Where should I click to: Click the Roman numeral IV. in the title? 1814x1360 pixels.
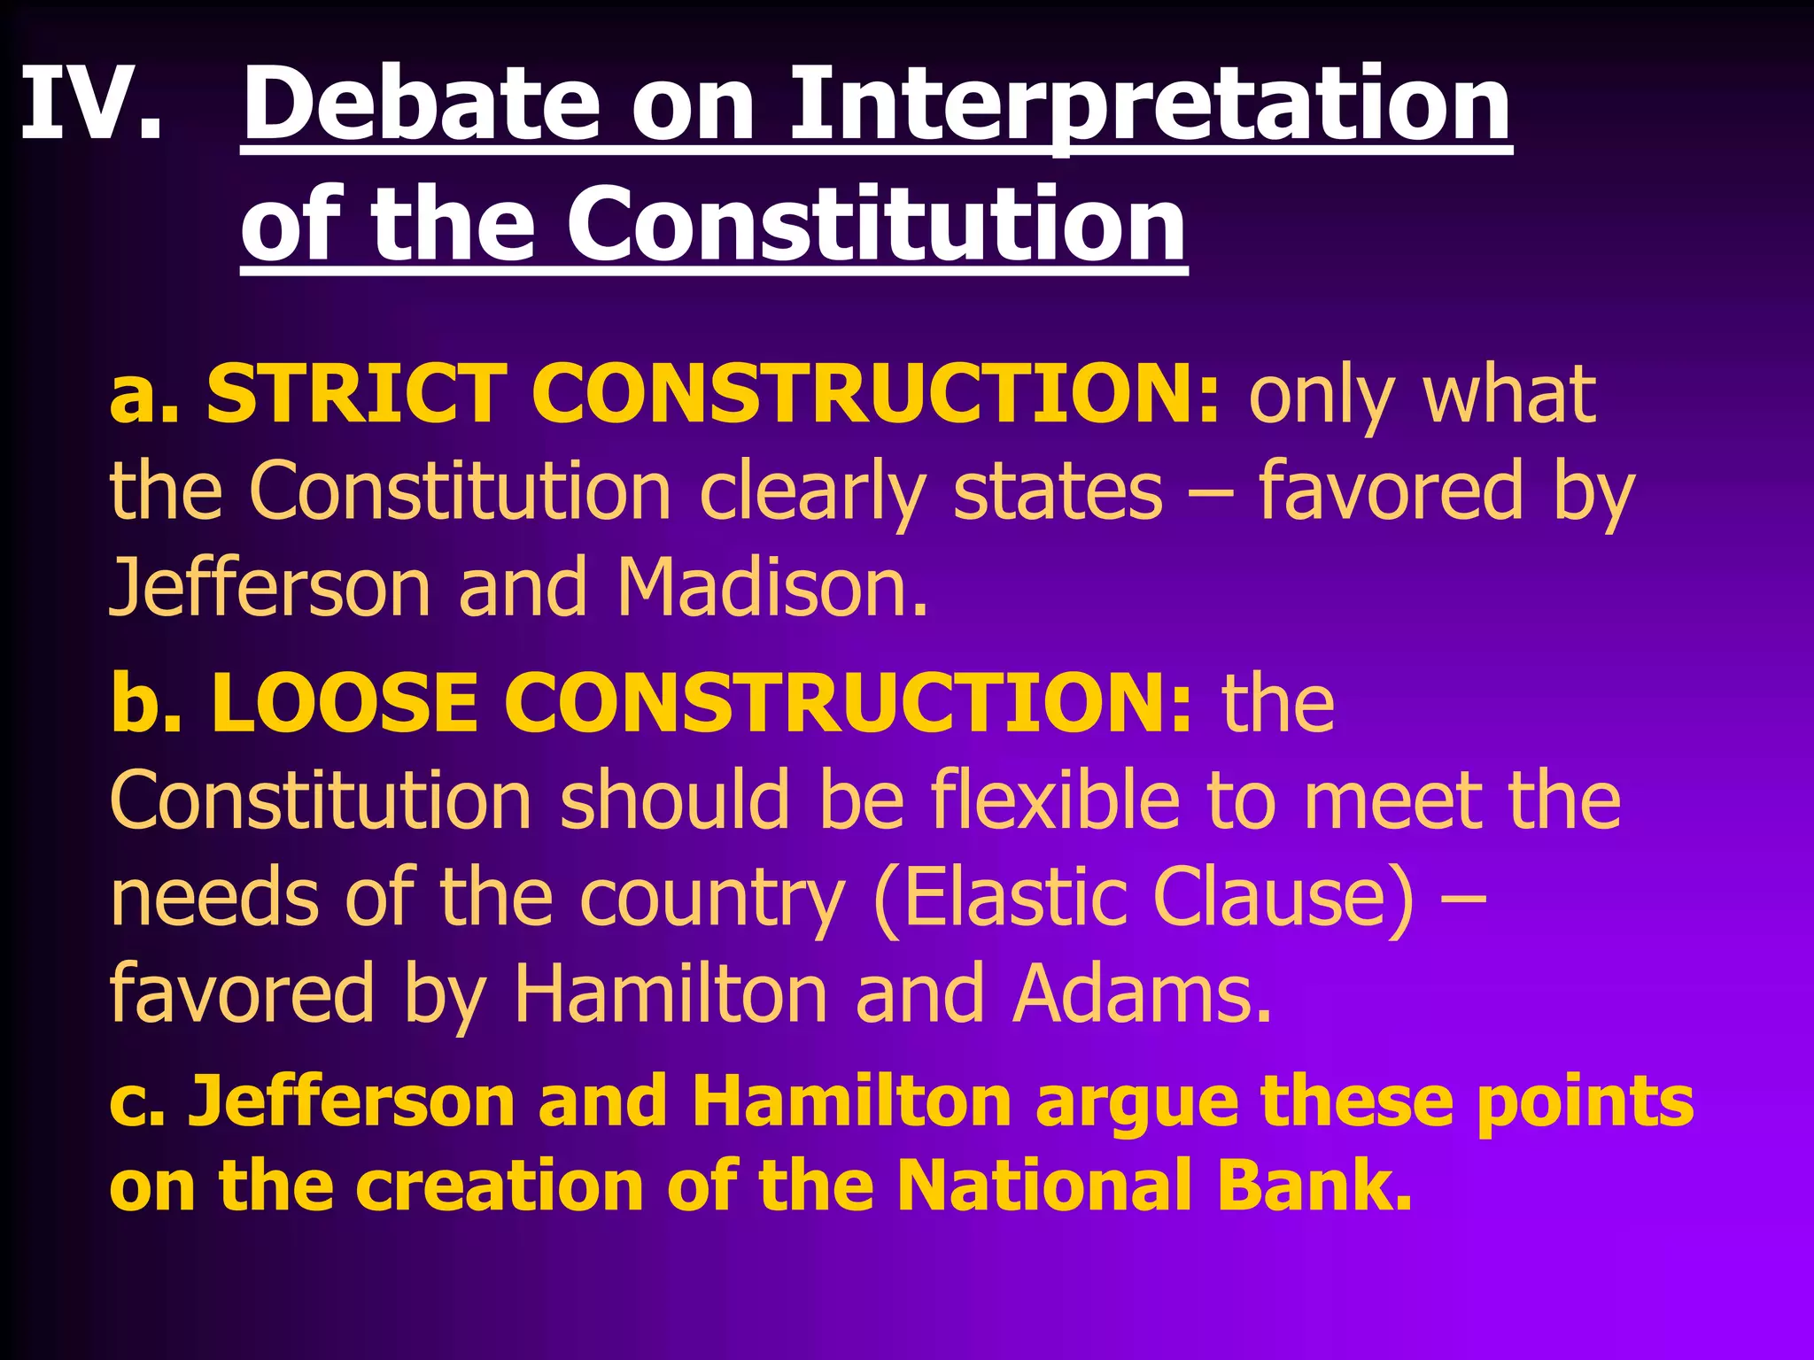91,104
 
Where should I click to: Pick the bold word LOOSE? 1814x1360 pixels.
345,703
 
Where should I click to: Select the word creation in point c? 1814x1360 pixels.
499,1185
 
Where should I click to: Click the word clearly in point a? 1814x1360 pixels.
812,492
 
